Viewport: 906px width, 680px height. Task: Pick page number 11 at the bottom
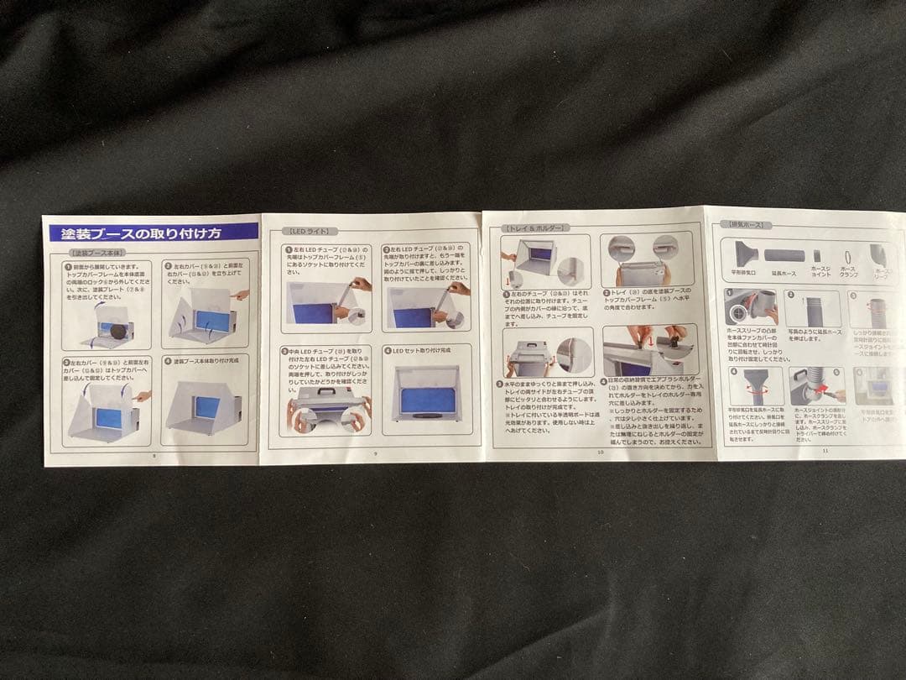point(825,451)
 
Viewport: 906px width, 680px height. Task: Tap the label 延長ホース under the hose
point(784,274)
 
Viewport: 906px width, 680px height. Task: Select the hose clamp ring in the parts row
point(848,254)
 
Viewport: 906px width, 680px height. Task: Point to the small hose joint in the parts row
point(817,255)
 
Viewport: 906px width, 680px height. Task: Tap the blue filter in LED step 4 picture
point(428,400)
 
